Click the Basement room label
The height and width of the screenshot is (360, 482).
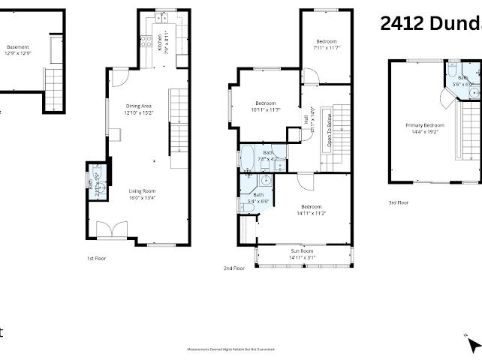17,46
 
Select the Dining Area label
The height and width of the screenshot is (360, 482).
138,106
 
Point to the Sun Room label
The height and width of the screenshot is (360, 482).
303,250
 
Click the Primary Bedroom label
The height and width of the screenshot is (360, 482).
425,125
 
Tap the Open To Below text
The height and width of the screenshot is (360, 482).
327,130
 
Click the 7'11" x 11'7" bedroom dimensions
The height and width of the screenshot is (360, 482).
327,48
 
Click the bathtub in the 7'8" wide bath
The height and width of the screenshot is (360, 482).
248,158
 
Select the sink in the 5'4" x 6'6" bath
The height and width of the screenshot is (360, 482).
265,181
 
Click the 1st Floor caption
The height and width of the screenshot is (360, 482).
96,257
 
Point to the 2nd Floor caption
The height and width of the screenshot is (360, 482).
233,268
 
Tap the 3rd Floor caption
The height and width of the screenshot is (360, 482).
398,202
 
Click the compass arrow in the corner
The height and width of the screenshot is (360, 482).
473,344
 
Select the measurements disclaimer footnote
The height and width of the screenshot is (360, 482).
230,349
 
